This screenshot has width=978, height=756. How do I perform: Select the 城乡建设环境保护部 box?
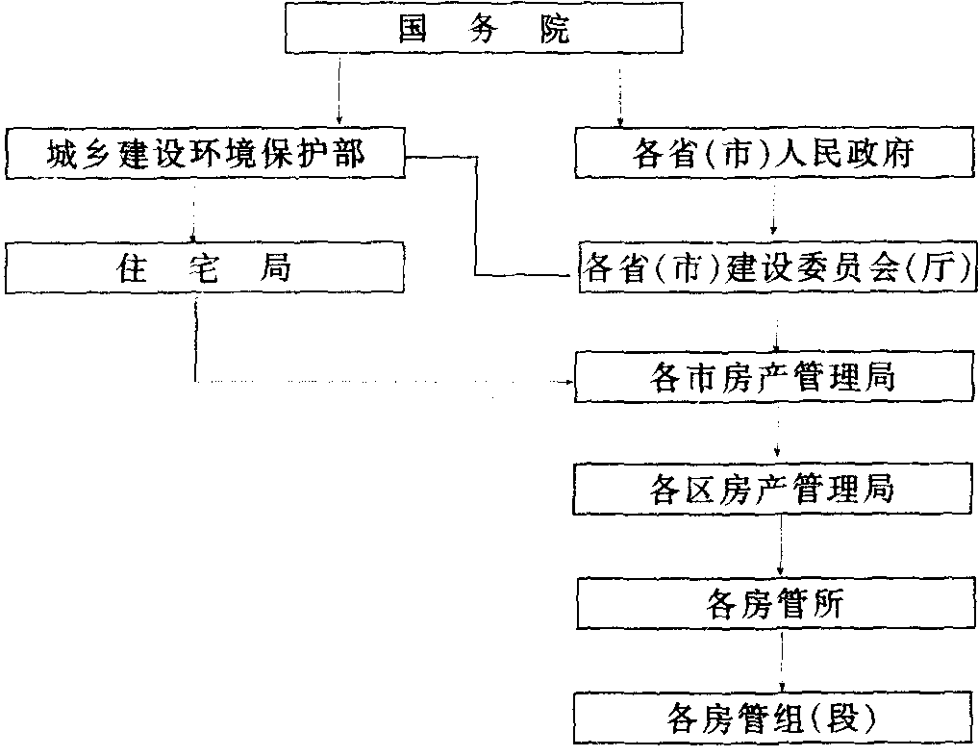(x=205, y=153)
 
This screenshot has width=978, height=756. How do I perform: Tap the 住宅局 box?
(x=205, y=268)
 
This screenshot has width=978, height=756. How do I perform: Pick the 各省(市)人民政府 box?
(x=774, y=153)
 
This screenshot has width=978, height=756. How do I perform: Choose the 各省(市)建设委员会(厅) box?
(x=775, y=268)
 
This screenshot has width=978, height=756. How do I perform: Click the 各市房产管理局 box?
(x=774, y=377)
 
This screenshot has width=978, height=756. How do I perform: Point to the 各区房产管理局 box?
(x=774, y=490)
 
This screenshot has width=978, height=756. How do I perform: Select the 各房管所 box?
(x=774, y=603)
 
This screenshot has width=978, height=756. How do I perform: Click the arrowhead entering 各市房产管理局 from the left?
(x=567, y=382)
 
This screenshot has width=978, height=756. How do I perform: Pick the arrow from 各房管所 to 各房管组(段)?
(x=781, y=660)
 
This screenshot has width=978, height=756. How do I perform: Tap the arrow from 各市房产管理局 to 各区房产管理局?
(x=777, y=433)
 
